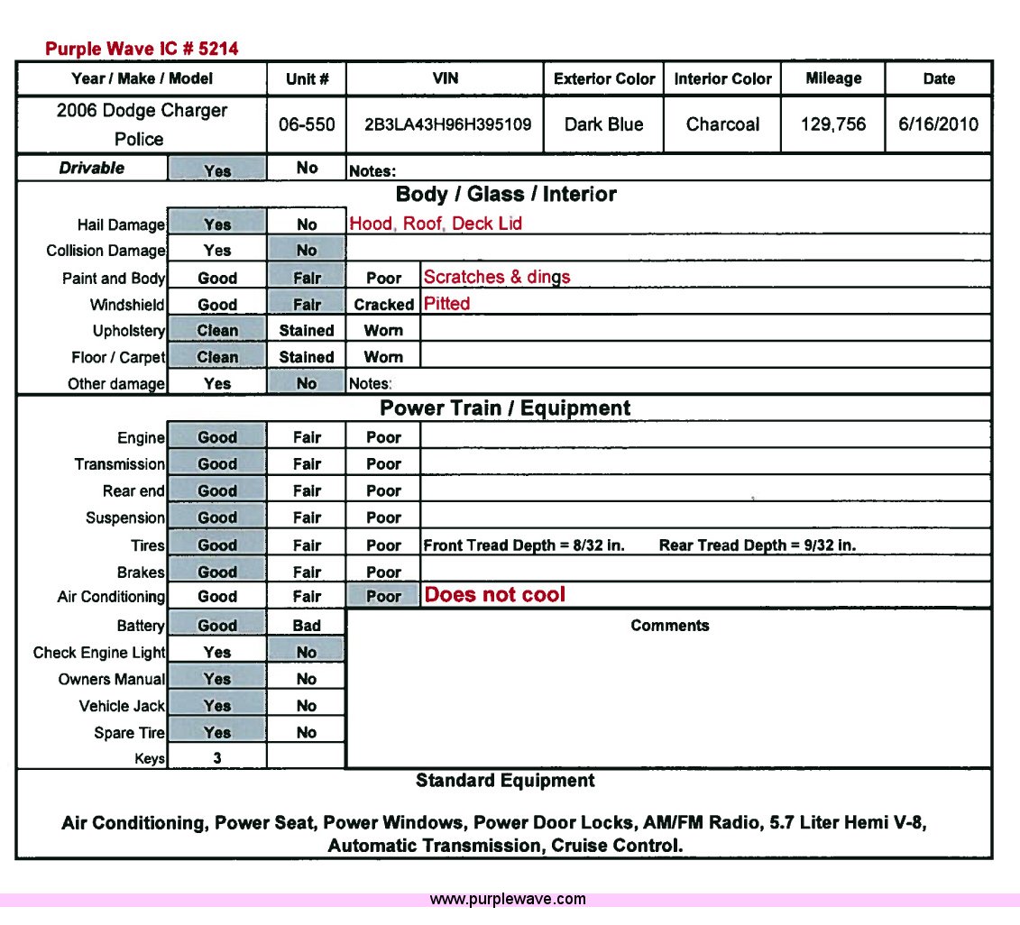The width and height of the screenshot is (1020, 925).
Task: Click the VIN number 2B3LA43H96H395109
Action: [446, 124]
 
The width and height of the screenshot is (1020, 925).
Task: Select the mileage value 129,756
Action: [832, 124]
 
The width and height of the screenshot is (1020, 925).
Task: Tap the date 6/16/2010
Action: [938, 124]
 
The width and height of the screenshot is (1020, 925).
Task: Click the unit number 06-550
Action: [307, 124]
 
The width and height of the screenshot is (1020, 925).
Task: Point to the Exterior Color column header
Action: [604, 79]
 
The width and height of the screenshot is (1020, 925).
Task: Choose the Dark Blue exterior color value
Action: [604, 124]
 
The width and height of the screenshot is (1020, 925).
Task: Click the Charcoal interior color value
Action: [722, 124]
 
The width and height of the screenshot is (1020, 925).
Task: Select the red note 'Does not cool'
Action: [495, 595]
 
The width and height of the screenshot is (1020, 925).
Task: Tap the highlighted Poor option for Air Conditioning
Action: [383, 596]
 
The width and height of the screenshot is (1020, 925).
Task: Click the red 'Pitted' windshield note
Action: [447, 304]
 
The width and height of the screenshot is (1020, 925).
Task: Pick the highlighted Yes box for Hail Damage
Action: [217, 224]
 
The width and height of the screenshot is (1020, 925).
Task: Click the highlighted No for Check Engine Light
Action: [307, 652]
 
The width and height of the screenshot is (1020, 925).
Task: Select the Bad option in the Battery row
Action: [307, 626]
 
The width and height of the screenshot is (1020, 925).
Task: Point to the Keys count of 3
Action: [217, 758]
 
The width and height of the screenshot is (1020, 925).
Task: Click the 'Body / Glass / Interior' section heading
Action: [506, 195]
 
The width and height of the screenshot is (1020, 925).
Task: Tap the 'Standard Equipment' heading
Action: [505, 781]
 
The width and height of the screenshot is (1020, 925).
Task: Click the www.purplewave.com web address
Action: [508, 899]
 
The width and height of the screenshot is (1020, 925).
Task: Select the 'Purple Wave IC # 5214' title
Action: [142, 49]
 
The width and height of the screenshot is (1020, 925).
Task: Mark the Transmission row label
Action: [120, 464]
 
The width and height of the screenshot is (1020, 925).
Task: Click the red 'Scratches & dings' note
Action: [497, 277]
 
